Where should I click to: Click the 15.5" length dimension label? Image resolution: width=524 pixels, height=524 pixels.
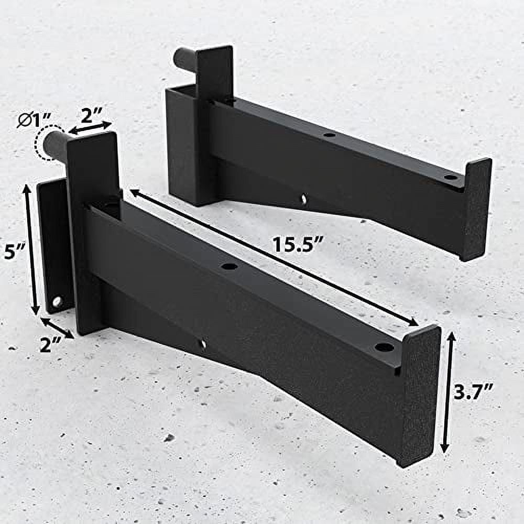pyautogui.click(x=297, y=245)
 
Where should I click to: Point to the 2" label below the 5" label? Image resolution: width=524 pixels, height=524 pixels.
pyautogui.click(x=52, y=344)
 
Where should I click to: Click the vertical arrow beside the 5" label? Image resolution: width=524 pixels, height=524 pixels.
pyautogui.click(x=31, y=249)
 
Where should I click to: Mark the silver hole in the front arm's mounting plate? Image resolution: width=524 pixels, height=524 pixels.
pyautogui.click(x=57, y=302)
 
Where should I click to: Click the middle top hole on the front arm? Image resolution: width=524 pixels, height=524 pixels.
pyautogui.click(x=229, y=266)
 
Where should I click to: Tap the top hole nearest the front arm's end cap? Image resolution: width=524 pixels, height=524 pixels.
pyautogui.click(x=384, y=347)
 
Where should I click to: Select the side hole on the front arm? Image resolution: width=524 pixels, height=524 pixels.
pyautogui.click(x=203, y=344)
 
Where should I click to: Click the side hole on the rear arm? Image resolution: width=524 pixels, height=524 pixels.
pyautogui.click(x=303, y=198)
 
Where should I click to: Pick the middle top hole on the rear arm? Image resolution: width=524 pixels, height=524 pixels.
pyautogui.click(x=329, y=135)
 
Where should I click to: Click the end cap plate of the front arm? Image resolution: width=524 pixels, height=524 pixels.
pyautogui.click(x=419, y=393)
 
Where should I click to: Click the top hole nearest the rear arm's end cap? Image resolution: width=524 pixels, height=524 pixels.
pyautogui.click(x=450, y=177)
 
